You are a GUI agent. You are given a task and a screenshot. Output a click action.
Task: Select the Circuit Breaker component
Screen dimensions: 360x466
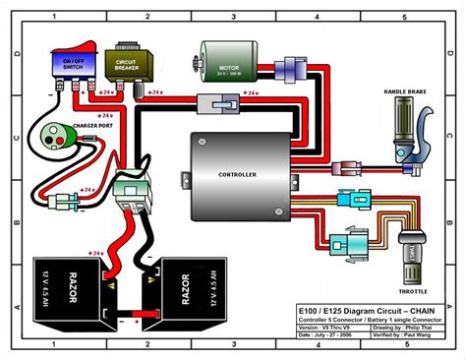point(126,61)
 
